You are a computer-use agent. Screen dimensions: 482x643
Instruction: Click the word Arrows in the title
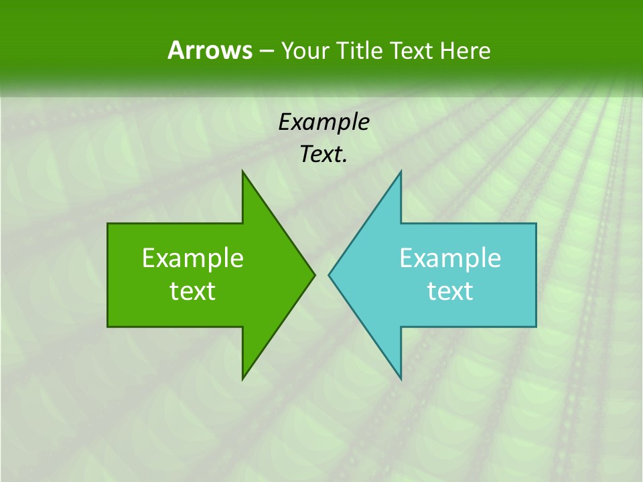click(x=210, y=50)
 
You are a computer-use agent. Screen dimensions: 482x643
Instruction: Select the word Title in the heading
click(x=359, y=50)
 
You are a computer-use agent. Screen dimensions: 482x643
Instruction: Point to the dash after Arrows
click(x=266, y=51)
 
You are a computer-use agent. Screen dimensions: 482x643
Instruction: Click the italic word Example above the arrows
click(x=324, y=122)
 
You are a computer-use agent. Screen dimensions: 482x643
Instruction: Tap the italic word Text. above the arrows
click(x=324, y=155)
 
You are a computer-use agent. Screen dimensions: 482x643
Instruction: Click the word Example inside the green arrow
click(x=193, y=258)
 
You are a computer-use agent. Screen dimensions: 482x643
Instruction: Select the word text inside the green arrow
click(x=193, y=291)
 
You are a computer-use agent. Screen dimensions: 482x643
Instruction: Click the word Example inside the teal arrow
click(x=450, y=258)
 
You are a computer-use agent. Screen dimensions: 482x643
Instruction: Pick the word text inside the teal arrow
click(x=450, y=291)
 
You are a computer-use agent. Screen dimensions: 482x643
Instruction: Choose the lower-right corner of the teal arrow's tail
click(x=535, y=326)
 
